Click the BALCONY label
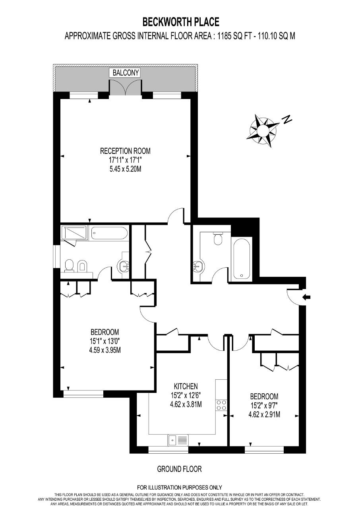126,73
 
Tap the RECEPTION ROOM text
125,151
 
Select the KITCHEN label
186,386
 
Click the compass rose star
263,131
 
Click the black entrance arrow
306,297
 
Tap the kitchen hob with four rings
221,405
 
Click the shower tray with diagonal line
74,233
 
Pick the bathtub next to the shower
109,233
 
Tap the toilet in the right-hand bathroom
218,238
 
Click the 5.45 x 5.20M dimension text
125,169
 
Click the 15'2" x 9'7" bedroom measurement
264,406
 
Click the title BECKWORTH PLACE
181,22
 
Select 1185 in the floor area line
225,36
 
